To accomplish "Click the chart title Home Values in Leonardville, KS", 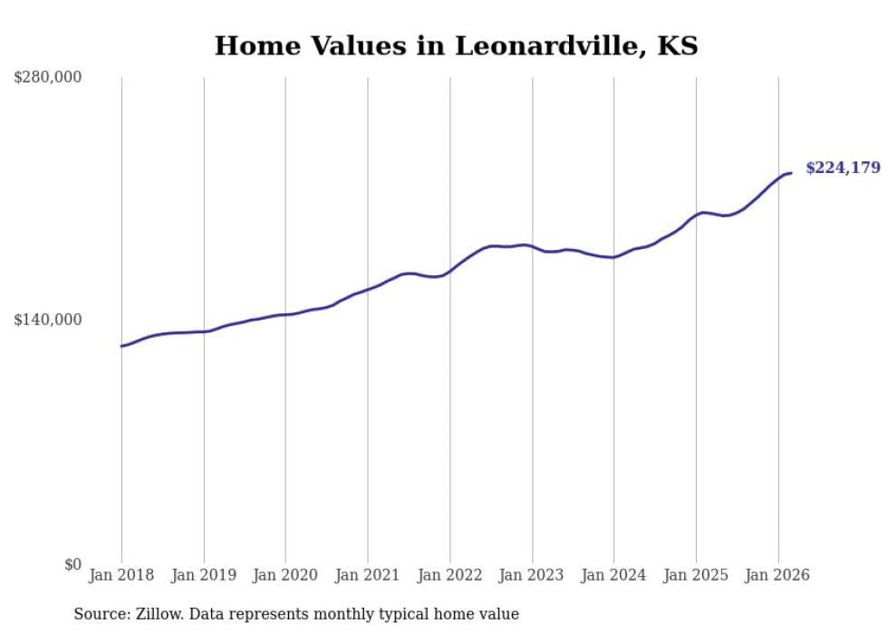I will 456,46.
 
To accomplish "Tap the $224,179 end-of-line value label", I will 843,168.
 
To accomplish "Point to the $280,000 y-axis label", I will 48,78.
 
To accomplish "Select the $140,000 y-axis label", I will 48,320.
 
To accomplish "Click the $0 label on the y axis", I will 72,564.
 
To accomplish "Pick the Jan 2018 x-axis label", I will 121,575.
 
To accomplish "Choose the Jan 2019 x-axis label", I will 204,575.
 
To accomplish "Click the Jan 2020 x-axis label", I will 285,575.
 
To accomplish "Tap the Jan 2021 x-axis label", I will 368,575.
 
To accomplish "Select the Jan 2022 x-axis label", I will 449,575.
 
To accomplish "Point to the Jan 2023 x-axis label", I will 532,575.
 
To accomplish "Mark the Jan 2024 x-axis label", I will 613,575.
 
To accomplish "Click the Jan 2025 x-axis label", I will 696,575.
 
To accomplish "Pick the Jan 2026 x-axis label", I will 777,575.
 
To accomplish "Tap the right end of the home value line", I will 791,173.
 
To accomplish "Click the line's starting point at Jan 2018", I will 121,346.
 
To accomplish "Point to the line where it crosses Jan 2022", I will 449,270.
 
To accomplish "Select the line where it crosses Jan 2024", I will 613,257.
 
